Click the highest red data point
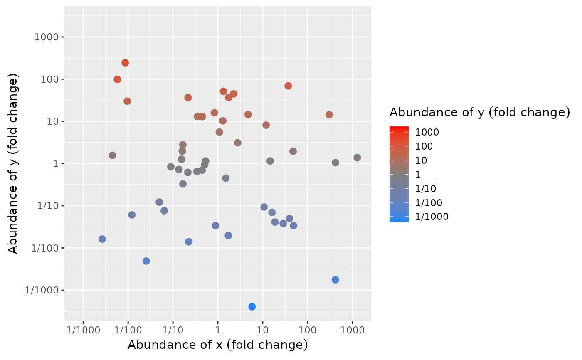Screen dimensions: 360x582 click(x=125, y=63)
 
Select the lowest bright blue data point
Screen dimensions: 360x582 click(x=252, y=307)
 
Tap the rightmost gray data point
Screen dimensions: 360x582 click(x=357, y=158)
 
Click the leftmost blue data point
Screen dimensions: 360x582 click(x=102, y=239)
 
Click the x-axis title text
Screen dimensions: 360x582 click(x=217, y=345)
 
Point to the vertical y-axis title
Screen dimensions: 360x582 click(x=13, y=163)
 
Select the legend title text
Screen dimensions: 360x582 click(x=479, y=112)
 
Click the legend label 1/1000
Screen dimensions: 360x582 click(x=432, y=217)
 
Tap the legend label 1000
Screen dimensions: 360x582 click(x=427, y=132)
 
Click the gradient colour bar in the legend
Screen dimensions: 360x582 click(x=399, y=174)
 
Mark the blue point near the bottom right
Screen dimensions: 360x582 click(x=335, y=280)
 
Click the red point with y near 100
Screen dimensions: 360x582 click(x=117, y=79)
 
